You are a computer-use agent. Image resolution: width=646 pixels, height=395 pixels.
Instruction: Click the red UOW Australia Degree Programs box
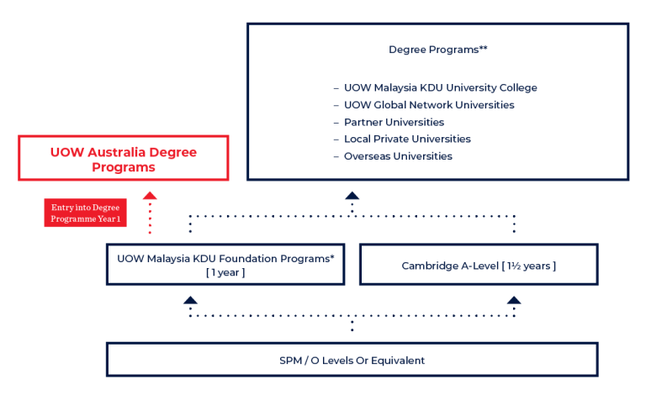coord(123,158)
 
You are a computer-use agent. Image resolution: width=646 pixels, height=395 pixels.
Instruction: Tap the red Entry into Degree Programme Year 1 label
coord(86,213)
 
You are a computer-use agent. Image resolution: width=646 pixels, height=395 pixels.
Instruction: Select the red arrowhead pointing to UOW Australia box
coord(150,195)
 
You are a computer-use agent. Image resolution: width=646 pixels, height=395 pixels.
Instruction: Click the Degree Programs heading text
coord(437,50)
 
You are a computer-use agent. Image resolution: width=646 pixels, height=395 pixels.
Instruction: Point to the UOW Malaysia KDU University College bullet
coord(440,87)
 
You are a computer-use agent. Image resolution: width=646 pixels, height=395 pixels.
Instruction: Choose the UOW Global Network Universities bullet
coord(429,105)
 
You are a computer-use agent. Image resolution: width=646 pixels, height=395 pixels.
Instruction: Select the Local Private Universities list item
coord(407,139)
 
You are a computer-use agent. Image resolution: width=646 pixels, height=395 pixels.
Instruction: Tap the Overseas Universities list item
coord(398,156)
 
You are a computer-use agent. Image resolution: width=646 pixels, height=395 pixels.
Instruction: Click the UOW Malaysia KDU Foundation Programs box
coord(225,265)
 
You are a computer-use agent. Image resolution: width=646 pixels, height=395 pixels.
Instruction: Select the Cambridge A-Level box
coord(479,266)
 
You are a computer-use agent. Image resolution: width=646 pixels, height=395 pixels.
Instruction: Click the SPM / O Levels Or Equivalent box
coord(352,360)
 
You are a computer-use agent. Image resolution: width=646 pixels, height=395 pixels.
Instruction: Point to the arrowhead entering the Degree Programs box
coord(352,196)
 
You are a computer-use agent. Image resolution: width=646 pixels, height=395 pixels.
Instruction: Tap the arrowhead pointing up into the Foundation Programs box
coord(191,299)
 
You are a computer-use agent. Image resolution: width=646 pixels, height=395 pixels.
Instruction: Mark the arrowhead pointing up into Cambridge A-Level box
coord(513,299)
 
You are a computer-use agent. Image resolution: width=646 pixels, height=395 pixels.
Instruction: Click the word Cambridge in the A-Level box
coord(430,266)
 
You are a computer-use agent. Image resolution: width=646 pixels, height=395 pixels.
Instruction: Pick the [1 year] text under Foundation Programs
coord(224,273)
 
